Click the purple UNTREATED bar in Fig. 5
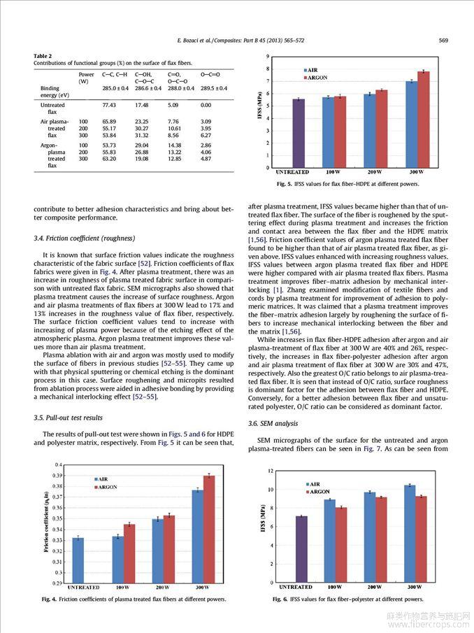click(x=299, y=133)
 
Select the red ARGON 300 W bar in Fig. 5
click(x=424, y=119)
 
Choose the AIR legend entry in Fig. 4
click(x=102, y=479)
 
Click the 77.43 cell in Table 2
click(x=108, y=105)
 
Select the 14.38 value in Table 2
click(x=174, y=144)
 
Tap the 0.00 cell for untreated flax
click(x=206, y=105)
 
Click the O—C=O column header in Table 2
click(x=210, y=74)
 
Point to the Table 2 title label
click(x=43, y=56)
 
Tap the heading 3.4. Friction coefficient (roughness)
click(x=85, y=239)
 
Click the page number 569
click(x=443, y=40)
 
